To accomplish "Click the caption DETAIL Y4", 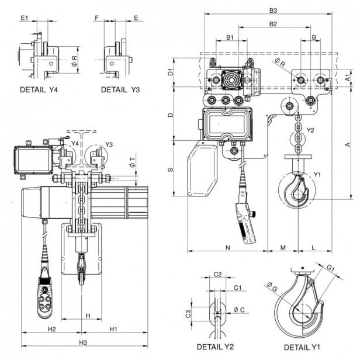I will click(43, 91).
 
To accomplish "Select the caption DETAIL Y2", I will click(219, 347).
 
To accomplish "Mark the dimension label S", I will click(170, 169).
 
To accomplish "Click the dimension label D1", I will click(170, 72).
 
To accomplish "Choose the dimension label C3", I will click(204, 314).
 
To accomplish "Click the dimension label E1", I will click(24, 19).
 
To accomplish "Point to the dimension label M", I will click(283, 248).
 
